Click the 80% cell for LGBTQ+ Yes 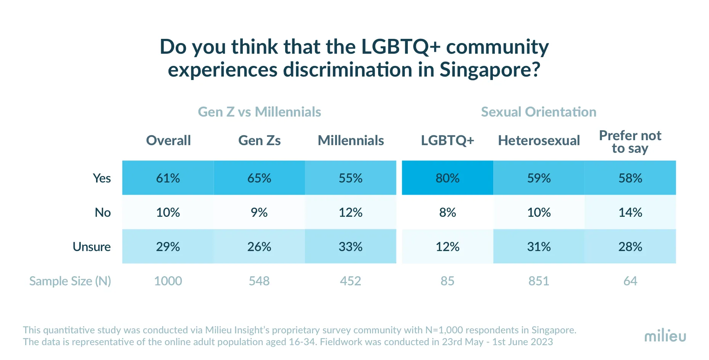[x=448, y=178]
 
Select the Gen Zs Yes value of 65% [x=259, y=178]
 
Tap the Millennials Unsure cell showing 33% [x=350, y=246]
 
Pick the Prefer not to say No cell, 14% [x=630, y=212]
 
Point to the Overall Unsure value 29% [x=168, y=246]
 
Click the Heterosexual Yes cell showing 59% [x=539, y=178]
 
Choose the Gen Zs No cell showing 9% [x=259, y=212]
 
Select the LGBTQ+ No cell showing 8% [x=448, y=212]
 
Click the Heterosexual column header [x=539, y=141]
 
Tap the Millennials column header [x=351, y=141]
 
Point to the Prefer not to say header [x=630, y=142]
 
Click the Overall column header [x=168, y=141]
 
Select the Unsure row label [x=91, y=247]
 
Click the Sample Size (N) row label [x=70, y=281]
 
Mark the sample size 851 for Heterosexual [x=539, y=281]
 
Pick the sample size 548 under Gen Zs [x=259, y=281]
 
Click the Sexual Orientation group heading [x=538, y=112]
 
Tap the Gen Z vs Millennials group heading [x=259, y=112]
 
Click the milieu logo [x=665, y=336]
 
